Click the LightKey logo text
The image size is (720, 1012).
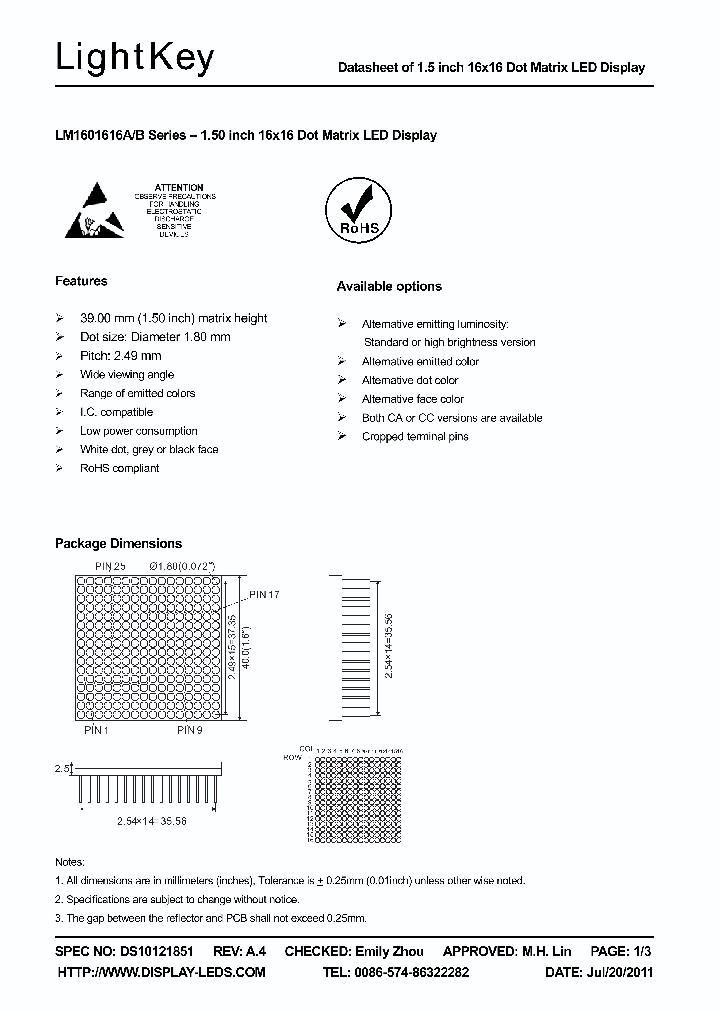[x=135, y=59]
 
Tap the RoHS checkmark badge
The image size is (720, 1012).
[x=359, y=208]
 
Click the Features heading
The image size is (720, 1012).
[x=81, y=281]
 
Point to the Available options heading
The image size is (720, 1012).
[x=389, y=286]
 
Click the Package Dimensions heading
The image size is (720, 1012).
[x=118, y=543]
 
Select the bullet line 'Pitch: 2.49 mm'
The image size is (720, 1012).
[x=120, y=356]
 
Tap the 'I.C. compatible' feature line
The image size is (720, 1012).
[x=116, y=412]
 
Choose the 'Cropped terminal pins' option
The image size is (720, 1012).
[x=414, y=437]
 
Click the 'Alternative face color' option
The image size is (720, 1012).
[x=412, y=399]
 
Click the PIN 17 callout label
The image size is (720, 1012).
[x=264, y=595]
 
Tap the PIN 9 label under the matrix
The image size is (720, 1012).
[x=192, y=730]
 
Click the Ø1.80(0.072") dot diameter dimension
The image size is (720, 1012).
[x=182, y=566]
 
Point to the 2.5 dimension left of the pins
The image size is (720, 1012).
[x=61, y=769]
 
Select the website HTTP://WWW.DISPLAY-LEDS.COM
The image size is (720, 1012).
[x=162, y=972]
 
